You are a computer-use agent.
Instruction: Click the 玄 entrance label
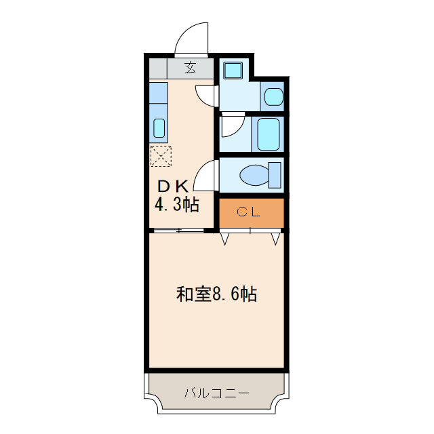pyautogui.click(x=191, y=68)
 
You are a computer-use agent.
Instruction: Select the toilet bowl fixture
pyautogui.click(x=255, y=176)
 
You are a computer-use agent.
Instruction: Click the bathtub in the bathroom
pyautogui.click(x=269, y=134)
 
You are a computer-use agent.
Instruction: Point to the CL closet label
pyautogui.click(x=250, y=212)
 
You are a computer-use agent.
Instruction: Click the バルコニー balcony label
pyautogui.click(x=216, y=393)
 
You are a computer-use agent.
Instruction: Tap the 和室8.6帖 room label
pyautogui.click(x=216, y=295)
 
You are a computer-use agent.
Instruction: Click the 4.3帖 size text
pyautogui.click(x=177, y=205)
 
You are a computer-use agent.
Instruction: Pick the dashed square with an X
pyautogui.click(x=161, y=157)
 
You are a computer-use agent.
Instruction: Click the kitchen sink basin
pyautogui.click(x=159, y=127)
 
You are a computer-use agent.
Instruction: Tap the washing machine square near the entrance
pyautogui.click(x=233, y=70)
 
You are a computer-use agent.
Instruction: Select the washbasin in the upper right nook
pyautogui.click(x=273, y=96)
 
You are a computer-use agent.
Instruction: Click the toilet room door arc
pyautogui.click(x=206, y=177)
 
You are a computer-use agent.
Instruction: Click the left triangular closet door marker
pyautogui.click(x=225, y=238)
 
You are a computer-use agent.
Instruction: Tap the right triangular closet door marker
pyautogui.click(x=275, y=238)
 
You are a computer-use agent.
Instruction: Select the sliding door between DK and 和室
pyautogui.click(x=178, y=232)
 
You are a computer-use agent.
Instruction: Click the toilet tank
pyautogui.click(x=275, y=174)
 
